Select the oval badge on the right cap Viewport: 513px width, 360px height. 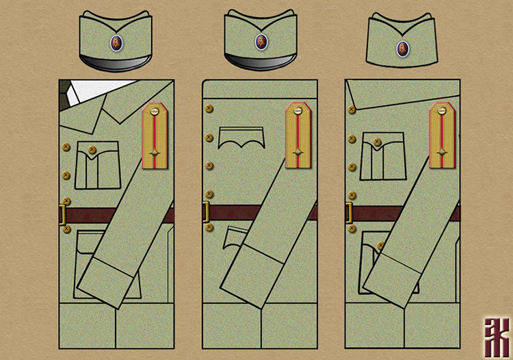click(403, 48)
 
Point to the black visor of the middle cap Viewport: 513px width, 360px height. click(260, 62)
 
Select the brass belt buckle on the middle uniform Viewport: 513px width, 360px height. click(205, 214)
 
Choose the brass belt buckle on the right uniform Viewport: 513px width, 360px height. click(349, 214)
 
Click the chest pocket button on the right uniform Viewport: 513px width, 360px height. click(376, 143)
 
